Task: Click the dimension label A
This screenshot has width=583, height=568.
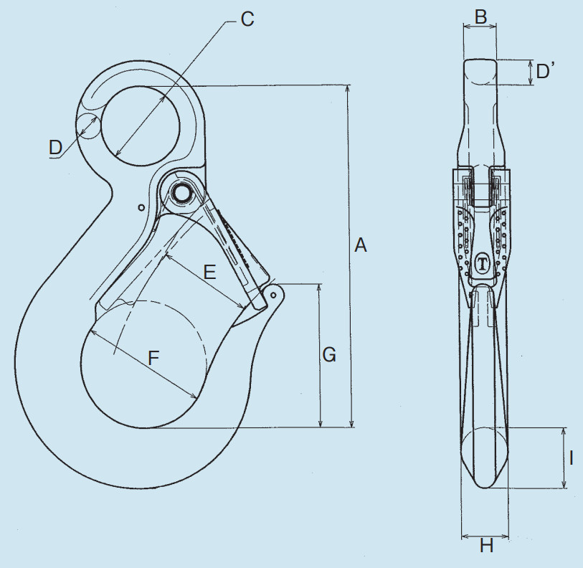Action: pos(360,245)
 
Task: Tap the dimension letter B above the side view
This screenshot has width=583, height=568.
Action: pos(480,16)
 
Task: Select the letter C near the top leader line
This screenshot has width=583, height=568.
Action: pos(247,19)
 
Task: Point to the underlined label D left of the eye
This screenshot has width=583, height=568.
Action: pos(55,148)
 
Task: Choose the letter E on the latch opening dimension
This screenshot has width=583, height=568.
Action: pos(210,273)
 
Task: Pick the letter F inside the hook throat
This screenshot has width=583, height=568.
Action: pos(153,358)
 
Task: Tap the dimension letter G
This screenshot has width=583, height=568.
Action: pos(329,354)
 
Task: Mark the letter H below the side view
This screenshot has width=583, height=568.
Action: pos(486,546)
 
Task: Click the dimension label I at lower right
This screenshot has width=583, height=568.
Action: pos(571,458)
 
